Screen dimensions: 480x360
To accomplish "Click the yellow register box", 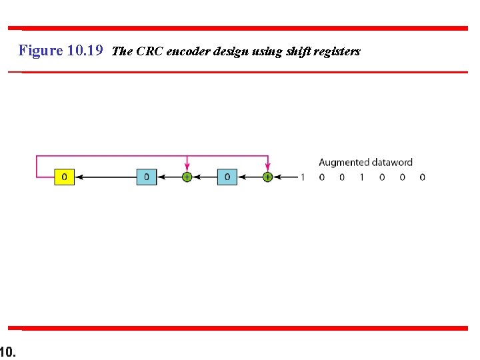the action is (64, 177).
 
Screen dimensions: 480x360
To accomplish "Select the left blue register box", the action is (147, 177).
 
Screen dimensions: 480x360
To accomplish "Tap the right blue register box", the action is (227, 177).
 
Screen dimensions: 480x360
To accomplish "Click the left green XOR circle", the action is (187, 177).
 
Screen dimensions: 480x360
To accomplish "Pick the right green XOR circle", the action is (267, 177).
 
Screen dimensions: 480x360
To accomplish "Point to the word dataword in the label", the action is (391, 162).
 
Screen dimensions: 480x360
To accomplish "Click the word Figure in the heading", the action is (41, 51).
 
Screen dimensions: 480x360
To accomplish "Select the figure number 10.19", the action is (85, 51).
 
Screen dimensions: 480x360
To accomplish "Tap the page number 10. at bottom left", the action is (8, 351).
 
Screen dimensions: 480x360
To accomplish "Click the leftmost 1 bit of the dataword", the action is (302, 177).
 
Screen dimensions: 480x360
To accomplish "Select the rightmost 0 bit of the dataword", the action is (422, 177).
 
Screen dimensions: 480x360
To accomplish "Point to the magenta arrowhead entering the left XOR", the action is (187, 167).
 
